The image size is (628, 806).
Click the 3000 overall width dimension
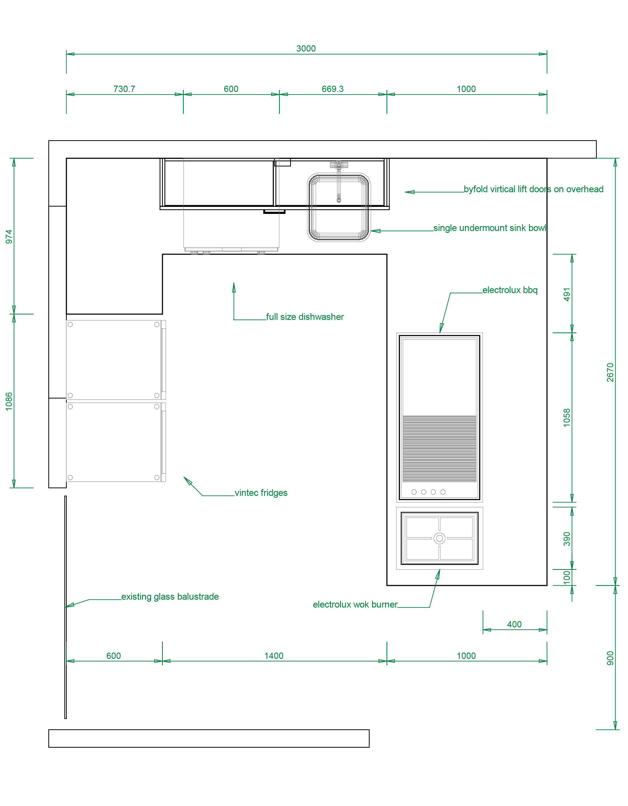(x=306, y=48)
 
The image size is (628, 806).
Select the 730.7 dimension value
(x=124, y=89)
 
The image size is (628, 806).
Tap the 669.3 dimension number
(x=332, y=89)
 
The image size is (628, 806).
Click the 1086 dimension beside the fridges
(x=9, y=402)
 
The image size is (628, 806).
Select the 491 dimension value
(x=567, y=294)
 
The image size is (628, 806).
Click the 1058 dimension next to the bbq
(x=567, y=418)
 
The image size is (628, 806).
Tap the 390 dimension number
(x=567, y=539)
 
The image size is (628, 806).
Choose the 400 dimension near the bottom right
(x=514, y=624)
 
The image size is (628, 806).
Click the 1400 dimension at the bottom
(x=274, y=656)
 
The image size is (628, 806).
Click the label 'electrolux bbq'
(x=510, y=290)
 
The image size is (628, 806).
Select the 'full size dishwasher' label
(x=305, y=317)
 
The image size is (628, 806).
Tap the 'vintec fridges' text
(x=261, y=493)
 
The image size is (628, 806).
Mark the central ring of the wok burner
(x=440, y=538)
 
